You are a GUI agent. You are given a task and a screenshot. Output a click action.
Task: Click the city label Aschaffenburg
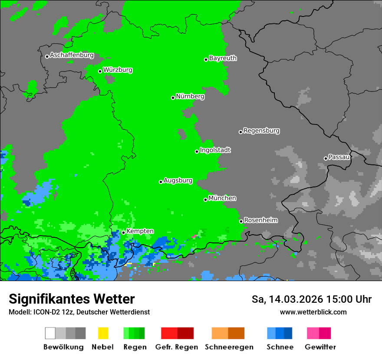click(72, 56)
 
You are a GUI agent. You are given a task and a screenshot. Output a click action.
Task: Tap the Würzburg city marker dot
click(100, 71)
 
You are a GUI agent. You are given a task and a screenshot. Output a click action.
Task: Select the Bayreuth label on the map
click(223, 58)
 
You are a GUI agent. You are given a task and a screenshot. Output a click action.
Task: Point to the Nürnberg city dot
click(173, 98)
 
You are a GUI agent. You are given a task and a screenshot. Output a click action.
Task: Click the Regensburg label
click(261, 131)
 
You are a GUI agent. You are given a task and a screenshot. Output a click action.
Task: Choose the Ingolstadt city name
click(215, 150)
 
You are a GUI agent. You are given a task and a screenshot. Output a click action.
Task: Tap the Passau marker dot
click(326, 158)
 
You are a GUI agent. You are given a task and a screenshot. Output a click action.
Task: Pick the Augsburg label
click(178, 180)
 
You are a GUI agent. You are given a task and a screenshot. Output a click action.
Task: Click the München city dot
click(206, 200)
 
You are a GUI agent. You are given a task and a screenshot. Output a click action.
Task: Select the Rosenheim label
click(260, 220)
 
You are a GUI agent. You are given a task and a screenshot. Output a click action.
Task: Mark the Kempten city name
click(140, 231)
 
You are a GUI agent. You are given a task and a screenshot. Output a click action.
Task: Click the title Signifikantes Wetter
click(72, 299)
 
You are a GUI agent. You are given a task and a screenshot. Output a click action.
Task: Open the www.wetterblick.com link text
click(313, 312)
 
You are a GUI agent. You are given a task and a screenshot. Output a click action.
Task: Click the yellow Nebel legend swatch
click(103, 333)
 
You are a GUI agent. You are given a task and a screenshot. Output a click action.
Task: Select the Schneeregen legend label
click(229, 347)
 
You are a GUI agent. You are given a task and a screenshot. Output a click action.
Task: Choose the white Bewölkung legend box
click(50, 333)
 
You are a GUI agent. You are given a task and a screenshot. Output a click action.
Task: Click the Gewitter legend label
click(320, 347)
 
